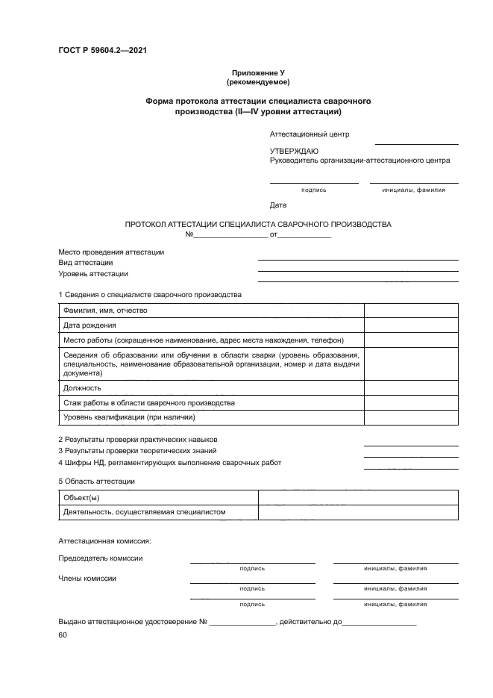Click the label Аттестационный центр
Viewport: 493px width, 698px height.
(x=310, y=134)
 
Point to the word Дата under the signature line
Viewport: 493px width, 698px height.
(x=277, y=205)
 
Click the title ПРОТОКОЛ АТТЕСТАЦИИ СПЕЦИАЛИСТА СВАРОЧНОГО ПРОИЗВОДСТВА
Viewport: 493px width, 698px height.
(x=257, y=224)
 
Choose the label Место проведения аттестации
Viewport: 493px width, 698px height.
(x=111, y=252)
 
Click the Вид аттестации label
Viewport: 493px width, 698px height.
(x=86, y=263)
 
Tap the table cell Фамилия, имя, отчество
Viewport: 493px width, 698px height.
(x=105, y=311)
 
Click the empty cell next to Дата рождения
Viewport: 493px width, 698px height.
(x=411, y=325)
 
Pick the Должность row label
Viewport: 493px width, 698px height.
(x=82, y=388)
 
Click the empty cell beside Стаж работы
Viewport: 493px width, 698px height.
(x=411, y=403)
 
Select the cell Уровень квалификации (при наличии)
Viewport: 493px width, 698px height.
(x=129, y=417)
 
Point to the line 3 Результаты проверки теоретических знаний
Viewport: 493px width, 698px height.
(x=137, y=451)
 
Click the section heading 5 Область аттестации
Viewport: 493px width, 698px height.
(x=96, y=482)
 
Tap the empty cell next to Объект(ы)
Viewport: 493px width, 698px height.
(x=357, y=498)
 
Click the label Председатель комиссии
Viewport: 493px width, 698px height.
(x=101, y=558)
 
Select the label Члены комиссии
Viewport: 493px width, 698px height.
(x=87, y=578)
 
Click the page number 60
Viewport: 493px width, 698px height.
(x=63, y=635)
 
